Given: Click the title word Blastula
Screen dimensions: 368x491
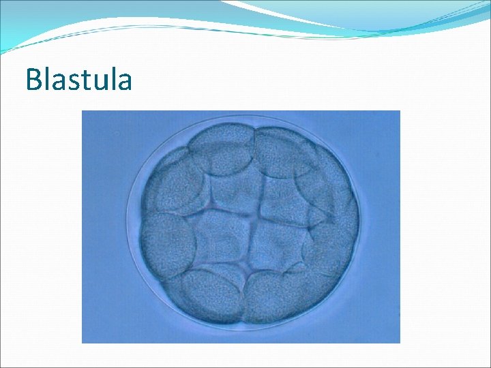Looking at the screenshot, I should tap(78, 80).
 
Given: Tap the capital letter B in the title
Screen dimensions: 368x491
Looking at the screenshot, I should tap(33, 80).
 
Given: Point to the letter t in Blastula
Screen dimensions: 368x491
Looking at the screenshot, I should tap(85, 80).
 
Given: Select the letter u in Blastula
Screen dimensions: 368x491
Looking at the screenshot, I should tap(98, 82).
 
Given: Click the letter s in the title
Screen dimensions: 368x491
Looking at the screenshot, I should tap(73, 82).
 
